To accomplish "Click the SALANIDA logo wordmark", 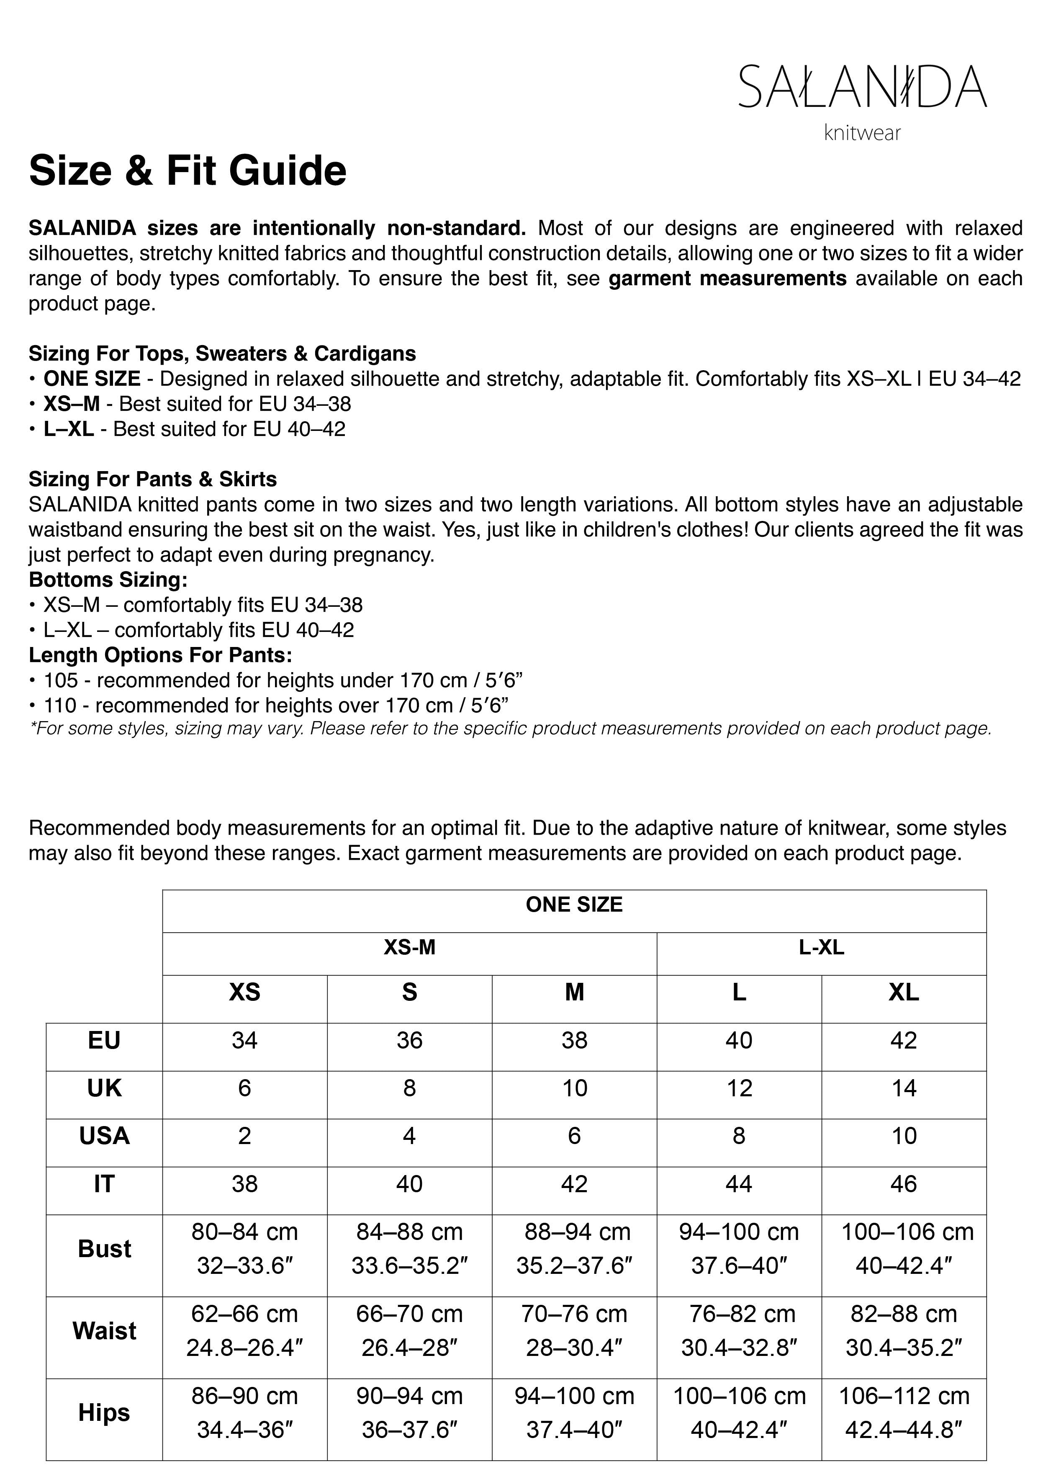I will [862, 86].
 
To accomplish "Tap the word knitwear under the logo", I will [862, 133].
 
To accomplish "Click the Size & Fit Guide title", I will [188, 171].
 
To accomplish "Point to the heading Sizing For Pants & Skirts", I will [153, 479].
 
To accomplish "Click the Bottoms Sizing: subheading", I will [108, 580].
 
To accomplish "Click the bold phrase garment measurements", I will [727, 279].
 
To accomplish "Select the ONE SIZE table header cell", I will [574, 905].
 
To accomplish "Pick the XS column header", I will [244, 992].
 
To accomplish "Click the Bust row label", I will [104, 1249].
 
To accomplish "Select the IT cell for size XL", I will [903, 1184].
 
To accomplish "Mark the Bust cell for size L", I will [739, 1249].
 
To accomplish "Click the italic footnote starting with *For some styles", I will [510, 729].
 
